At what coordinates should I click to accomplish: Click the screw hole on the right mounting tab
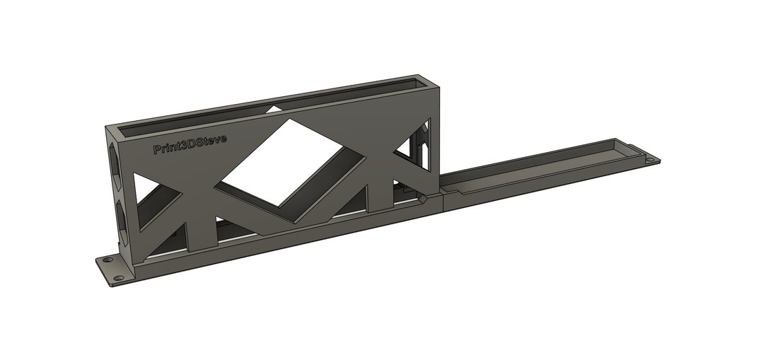650,161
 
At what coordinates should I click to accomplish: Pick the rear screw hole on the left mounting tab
108,261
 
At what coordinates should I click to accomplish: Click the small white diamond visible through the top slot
272,109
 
